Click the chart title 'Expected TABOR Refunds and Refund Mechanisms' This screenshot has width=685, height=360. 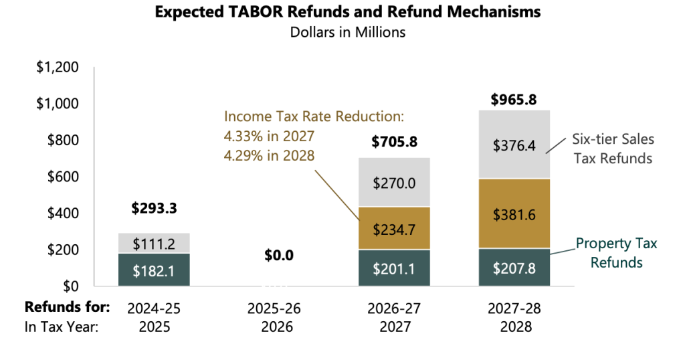[347, 12]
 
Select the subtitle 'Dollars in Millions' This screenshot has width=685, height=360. [347, 32]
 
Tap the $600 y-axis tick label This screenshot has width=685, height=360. [62, 177]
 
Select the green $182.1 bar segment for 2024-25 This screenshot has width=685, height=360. [154, 270]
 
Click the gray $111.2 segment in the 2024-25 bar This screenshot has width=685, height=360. [154, 244]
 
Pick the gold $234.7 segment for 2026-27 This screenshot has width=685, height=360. [395, 229]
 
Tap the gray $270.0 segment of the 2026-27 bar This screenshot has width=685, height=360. [395, 182]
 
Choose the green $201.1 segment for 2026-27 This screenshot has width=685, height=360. [395, 268]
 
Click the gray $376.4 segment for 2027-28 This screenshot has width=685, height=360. [514, 145]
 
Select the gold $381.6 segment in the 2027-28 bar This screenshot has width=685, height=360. [514, 213]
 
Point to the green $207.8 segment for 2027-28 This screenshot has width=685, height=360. [514, 268]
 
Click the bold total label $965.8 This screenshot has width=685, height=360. [514, 100]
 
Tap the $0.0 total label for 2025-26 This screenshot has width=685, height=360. [279, 255]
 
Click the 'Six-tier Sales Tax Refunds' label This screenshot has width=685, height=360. [613, 149]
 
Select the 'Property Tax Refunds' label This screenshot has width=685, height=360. [616, 253]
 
